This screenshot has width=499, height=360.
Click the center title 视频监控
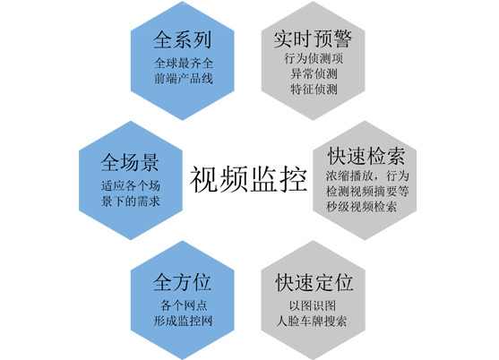[248, 179]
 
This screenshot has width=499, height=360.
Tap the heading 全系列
[183, 40]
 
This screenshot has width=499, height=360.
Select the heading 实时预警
[314, 39]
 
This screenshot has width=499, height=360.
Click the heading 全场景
[130, 162]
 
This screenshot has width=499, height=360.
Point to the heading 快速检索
[366, 156]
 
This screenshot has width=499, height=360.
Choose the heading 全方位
[182, 282]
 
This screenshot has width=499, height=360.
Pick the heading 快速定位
[314, 282]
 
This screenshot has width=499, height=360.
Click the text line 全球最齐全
[184, 63]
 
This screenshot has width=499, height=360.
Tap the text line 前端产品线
[184, 78]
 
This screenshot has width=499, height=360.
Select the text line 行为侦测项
[314, 58]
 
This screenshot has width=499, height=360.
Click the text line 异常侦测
[314, 73]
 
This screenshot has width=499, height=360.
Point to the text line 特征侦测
[314, 89]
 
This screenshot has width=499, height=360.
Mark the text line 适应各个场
[131, 185]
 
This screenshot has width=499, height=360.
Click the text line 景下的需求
[131, 201]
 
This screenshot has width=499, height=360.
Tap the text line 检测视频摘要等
[367, 191]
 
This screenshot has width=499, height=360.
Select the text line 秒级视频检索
[362, 207]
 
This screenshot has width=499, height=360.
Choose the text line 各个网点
[184, 305]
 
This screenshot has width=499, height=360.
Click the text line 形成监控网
[183, 321]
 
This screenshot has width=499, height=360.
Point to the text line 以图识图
[313, 305]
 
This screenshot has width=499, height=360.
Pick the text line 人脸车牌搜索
[312, 321]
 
